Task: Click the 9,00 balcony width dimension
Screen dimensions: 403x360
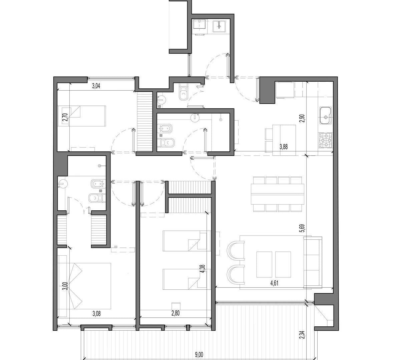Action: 199,354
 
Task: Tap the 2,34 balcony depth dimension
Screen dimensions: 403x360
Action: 302,335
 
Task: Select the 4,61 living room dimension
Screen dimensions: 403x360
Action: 274,283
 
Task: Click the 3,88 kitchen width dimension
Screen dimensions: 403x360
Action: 284,147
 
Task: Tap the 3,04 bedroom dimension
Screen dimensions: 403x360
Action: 96,86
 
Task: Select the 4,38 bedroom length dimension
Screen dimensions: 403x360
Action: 203,269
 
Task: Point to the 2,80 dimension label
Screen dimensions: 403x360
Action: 175,313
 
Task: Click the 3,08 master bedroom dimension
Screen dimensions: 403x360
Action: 96,314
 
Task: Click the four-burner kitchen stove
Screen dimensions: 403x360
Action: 326,140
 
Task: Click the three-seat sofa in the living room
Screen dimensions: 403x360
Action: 313,262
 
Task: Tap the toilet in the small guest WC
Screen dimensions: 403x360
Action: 183,92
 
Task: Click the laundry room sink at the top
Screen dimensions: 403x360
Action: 219,26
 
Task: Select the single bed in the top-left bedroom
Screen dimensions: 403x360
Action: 84,116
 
